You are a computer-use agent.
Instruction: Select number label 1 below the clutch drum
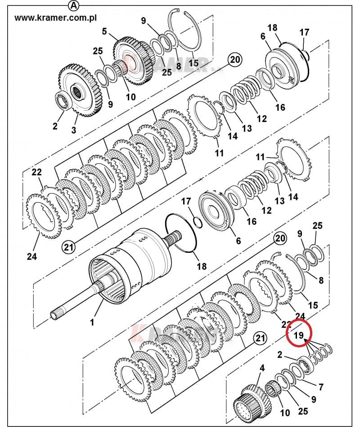point(92,322)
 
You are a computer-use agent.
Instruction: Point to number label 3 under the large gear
point(74,130)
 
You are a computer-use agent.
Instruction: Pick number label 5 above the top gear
point(104,31)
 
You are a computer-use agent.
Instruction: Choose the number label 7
point(320,387)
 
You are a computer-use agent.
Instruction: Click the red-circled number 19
point(298,335)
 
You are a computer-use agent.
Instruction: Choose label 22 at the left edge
point(36,172)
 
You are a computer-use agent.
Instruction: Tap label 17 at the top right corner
point(305,32)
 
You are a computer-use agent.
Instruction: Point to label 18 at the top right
point(272,28)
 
